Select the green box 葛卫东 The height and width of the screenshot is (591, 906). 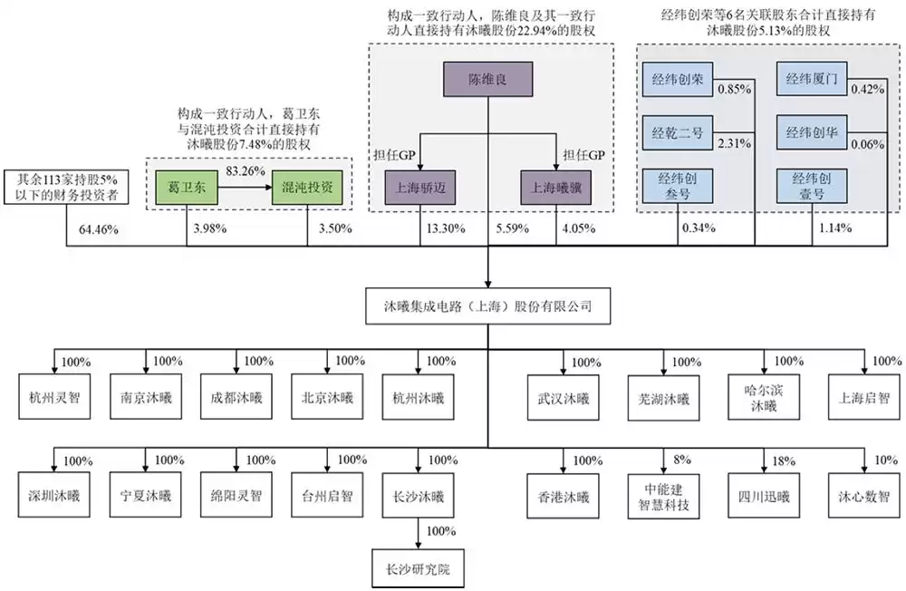pos(185,187)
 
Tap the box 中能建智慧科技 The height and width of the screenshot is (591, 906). pos(660,497)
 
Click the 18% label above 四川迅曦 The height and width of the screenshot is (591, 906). pos(778,460)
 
